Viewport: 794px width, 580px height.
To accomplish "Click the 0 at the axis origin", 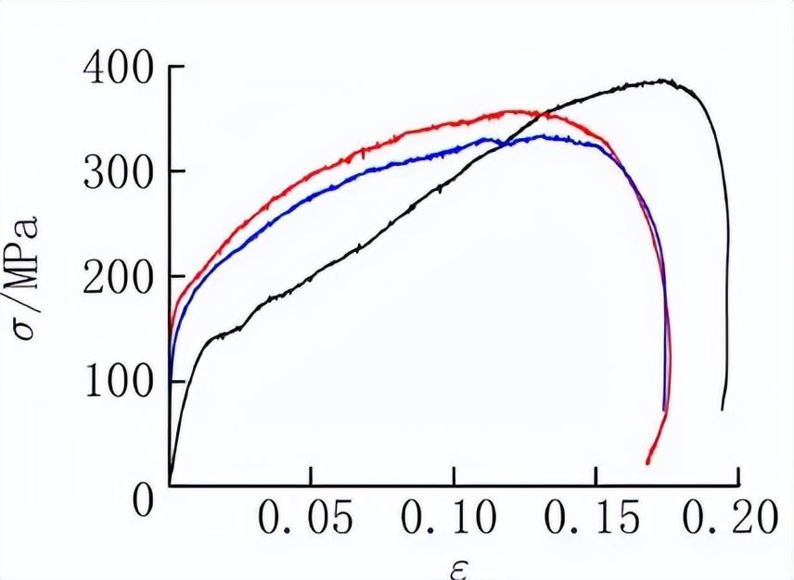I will pos(140,501).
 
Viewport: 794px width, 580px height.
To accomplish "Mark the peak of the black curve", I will pos(666,81).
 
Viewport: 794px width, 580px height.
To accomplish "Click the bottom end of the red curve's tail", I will pos(647,461).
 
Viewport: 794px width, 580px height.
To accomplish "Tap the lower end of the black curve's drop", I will pos(723,409).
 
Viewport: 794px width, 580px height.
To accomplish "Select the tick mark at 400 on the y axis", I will pos(175,68).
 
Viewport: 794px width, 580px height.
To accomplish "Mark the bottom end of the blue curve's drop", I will pos(665,410).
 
